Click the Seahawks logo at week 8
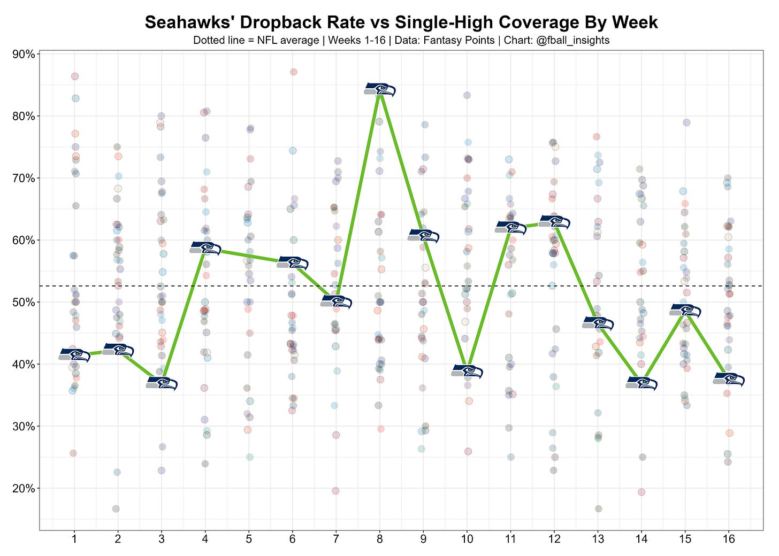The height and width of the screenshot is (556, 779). [x=380, y=90]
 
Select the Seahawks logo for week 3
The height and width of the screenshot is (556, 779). [x=162, y=383]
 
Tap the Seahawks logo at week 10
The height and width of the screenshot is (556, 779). [x=467, y=371]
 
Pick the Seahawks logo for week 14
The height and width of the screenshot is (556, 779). [x=641, y=383]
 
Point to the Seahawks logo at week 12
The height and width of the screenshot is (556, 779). [x=554, y=222]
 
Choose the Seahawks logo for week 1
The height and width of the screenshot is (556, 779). [x=74, y=355]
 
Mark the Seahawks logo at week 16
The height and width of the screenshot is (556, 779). [x=729, y=379]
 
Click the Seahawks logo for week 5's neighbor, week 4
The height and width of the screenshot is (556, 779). [x=205, y=248]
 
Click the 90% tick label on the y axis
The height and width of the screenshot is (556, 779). [x=24, y=54]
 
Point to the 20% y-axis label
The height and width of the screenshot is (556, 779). [x=24, y=488]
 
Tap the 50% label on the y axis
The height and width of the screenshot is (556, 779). [x=24, y=303]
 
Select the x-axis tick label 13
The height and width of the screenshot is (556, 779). [x=598, y=539]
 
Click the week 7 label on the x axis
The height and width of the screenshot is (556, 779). [x=336, y=539]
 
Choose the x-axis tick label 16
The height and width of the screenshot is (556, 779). [x=729, y=539]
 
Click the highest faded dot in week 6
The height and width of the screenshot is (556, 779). [x=294, y=72]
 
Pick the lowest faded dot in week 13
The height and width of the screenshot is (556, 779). [x=599, y=509]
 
